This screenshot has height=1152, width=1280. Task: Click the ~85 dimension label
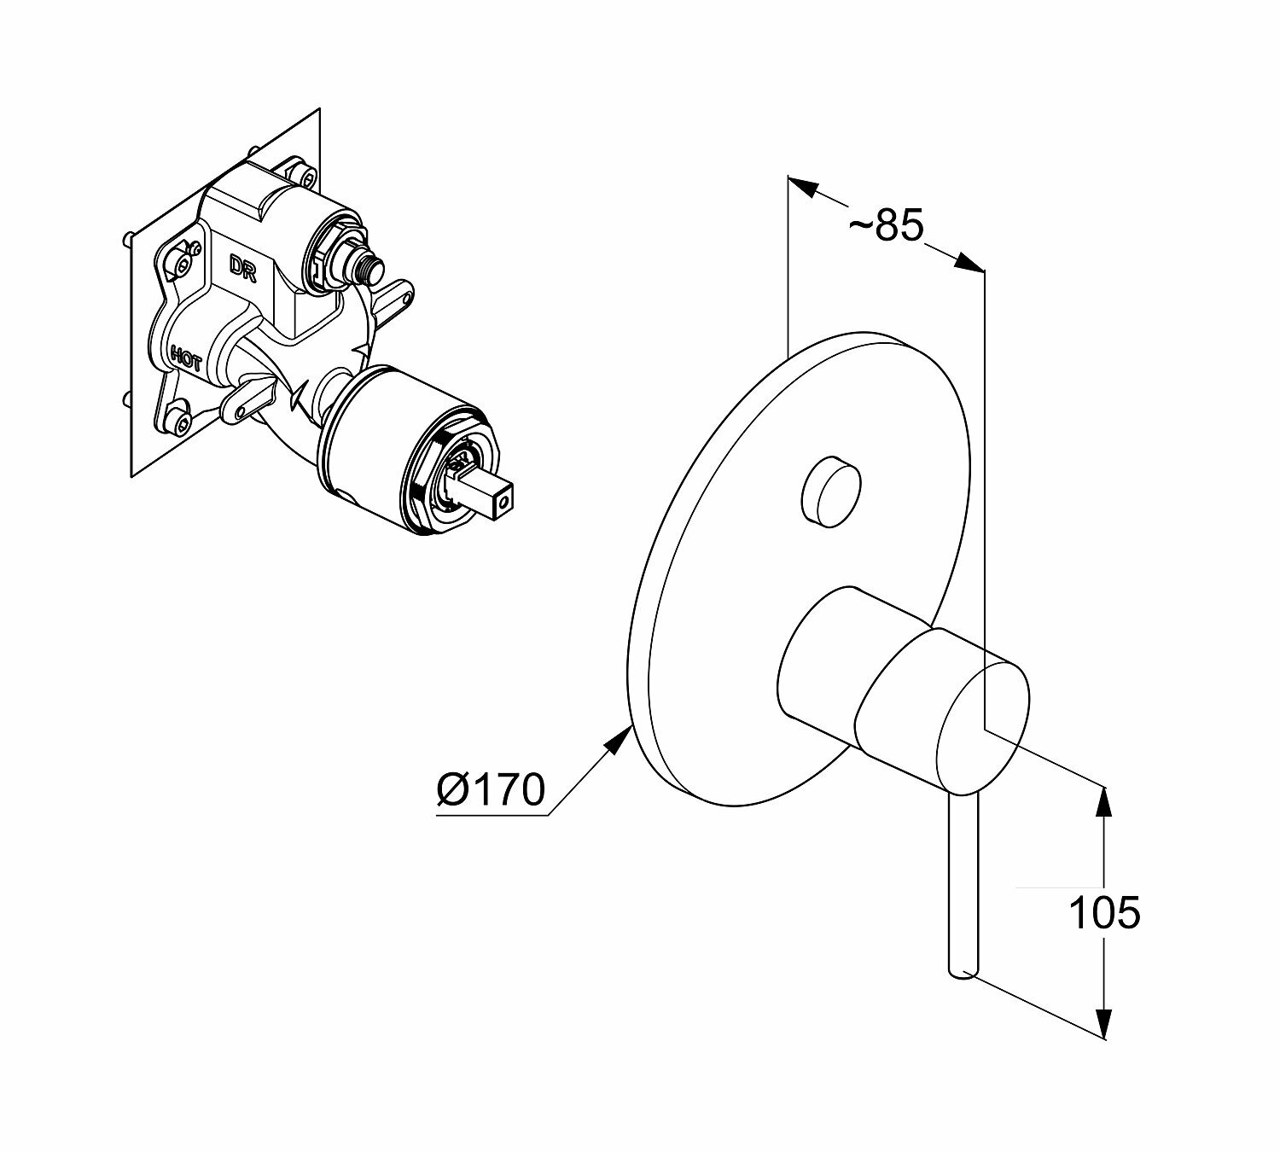tap(887, 225)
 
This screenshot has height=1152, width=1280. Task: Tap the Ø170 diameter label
tap(490, 789)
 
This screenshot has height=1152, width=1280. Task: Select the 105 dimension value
tap(1103, 913)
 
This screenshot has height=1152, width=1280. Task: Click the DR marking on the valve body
tap(241, 265)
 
